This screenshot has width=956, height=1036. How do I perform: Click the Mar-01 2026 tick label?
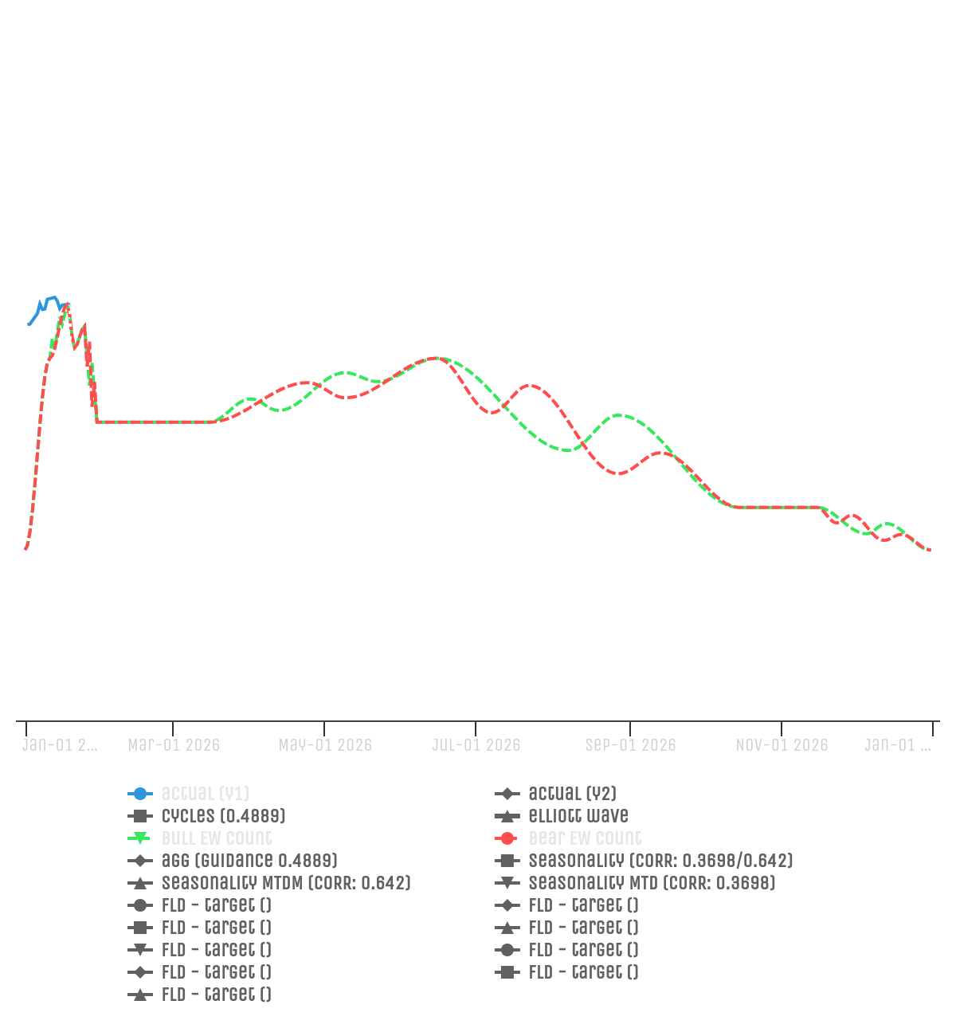coord(174,745)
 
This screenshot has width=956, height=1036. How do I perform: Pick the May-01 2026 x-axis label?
coord(325,745)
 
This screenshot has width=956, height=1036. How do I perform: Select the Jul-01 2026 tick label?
coord(476,745)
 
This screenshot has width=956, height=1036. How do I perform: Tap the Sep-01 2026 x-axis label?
coord(630,745)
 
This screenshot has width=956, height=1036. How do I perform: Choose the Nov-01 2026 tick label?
coord(782,745)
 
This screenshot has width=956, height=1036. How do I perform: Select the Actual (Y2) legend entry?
coord(572,794)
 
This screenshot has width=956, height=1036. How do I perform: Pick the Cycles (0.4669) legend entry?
coord(223,816)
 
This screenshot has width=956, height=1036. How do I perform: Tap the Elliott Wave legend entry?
coord(578,816)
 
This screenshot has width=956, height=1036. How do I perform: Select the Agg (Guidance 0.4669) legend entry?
coord(249,861)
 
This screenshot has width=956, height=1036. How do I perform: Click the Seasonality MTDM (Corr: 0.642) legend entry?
coord(286,883)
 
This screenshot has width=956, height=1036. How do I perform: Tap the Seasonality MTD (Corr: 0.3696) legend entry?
coord(652,883)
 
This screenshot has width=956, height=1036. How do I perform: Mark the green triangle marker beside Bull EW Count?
coord(139,838)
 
